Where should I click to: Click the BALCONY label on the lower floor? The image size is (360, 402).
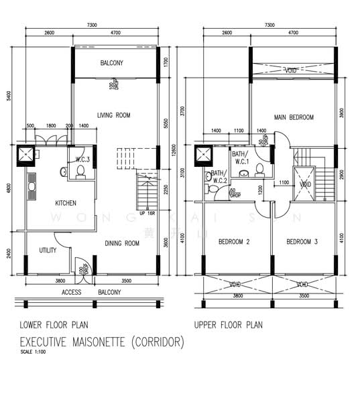click(111, 64)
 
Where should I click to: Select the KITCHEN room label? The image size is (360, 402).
click(65, 203)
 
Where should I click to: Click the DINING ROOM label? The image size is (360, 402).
click(121, 243)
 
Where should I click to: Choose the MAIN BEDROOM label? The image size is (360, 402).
click(293, 118)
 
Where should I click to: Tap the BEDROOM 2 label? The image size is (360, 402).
click(233, 242)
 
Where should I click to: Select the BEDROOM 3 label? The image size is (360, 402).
click(302, 242)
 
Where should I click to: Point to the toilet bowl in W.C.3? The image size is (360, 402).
click(80, 173)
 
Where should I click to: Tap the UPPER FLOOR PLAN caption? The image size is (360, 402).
click(228, 325)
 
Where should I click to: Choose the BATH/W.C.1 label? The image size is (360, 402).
click(241, 158)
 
